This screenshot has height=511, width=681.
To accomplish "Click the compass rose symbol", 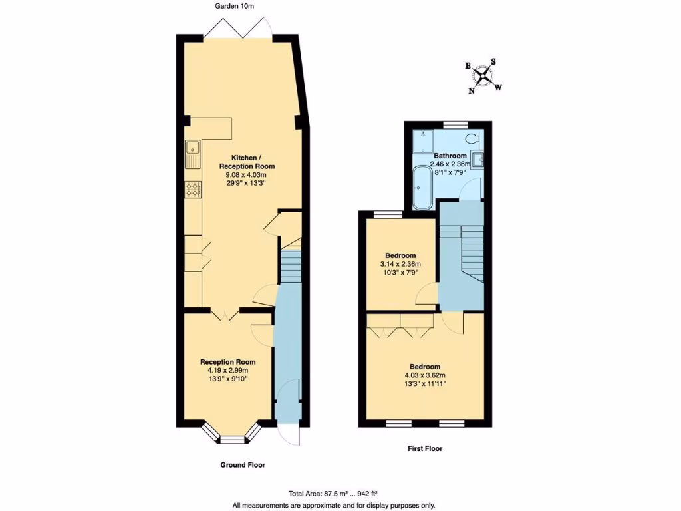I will click(484, 75).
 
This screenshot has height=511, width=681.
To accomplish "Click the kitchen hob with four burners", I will click(193, 190).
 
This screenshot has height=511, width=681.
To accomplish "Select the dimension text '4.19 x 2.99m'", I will click(228, 371).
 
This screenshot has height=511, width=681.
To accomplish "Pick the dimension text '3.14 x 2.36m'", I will click(401, 264).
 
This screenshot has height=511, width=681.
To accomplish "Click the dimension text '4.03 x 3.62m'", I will click(424, 375).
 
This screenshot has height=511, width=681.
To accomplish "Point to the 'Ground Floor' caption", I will click(243, 465).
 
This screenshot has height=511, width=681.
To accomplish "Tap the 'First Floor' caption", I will click(425, 449).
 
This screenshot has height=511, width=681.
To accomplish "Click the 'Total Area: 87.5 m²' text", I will click(324, 493).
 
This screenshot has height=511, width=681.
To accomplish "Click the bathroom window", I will click(455, 124).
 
